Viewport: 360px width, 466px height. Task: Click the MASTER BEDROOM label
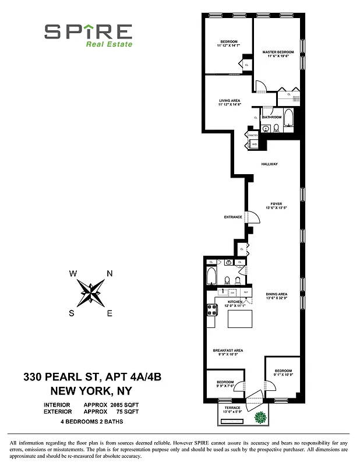(278, 52)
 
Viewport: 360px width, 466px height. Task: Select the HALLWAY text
(269, 164)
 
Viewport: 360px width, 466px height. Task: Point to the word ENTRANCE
(233, 217)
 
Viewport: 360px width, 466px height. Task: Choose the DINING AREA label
(276, 294)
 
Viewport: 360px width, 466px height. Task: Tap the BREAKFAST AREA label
(228, 350)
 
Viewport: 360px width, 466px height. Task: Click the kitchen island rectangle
(240, 320)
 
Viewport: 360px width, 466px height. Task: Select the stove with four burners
(211, 310)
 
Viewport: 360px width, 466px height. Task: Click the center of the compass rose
(90, 293)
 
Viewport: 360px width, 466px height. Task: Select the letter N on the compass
(110, 274)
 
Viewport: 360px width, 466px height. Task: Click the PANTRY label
(253, 135)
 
